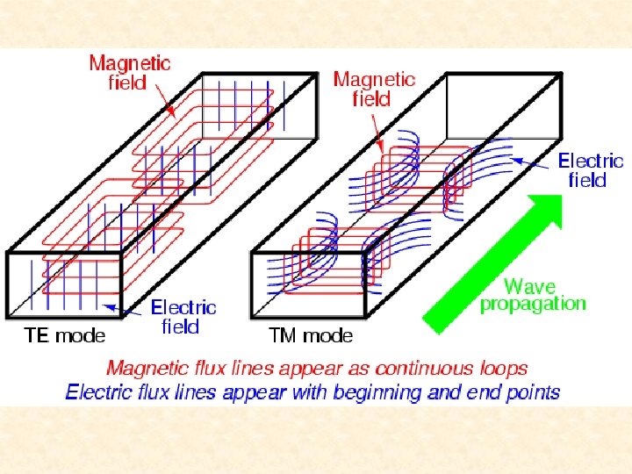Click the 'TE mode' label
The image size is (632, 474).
(65, 334)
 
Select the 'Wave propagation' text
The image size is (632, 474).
(532, 295)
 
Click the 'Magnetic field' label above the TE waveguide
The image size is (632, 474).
(130, 73)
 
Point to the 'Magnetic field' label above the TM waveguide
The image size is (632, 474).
(373, 89)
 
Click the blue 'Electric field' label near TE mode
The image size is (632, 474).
(183, 317)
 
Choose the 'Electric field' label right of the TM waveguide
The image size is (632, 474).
(591, 170)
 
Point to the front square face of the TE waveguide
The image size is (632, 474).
(62, 285)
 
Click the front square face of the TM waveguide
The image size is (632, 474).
(308, 285)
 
